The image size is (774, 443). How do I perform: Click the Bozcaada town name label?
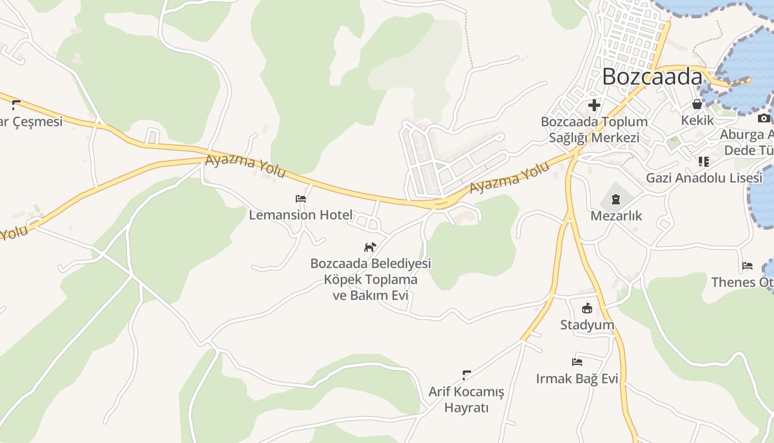click(652, 76)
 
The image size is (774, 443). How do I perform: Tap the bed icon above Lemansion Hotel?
click(301, 198)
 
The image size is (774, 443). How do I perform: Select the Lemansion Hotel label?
click(300, 215)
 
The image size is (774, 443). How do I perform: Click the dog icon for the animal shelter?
click(370, 247)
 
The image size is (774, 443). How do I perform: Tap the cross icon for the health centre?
click(594, 105)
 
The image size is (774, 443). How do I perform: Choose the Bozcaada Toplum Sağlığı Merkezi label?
click(594, 130)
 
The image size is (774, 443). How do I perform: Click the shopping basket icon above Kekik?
click(697, 104)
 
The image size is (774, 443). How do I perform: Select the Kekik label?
click(697, 120)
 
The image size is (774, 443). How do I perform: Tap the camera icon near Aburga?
click(763, 118)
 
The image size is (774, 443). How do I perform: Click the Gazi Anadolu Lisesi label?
click(704, 178)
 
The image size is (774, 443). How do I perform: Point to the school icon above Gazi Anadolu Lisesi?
click(703, 162)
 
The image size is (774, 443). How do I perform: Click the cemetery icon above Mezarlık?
click(616, 199)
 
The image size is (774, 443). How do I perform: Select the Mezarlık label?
click(616, 215)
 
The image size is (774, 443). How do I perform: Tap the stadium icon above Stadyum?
click(587, 308)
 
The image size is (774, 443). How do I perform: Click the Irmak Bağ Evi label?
click(577, 379)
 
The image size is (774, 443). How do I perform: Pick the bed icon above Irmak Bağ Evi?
click(577, 362)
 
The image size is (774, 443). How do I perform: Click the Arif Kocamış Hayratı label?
click(467, 400)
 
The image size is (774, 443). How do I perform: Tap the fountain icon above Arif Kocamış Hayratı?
click(467, 375)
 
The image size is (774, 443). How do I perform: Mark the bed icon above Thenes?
click(747, 266)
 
